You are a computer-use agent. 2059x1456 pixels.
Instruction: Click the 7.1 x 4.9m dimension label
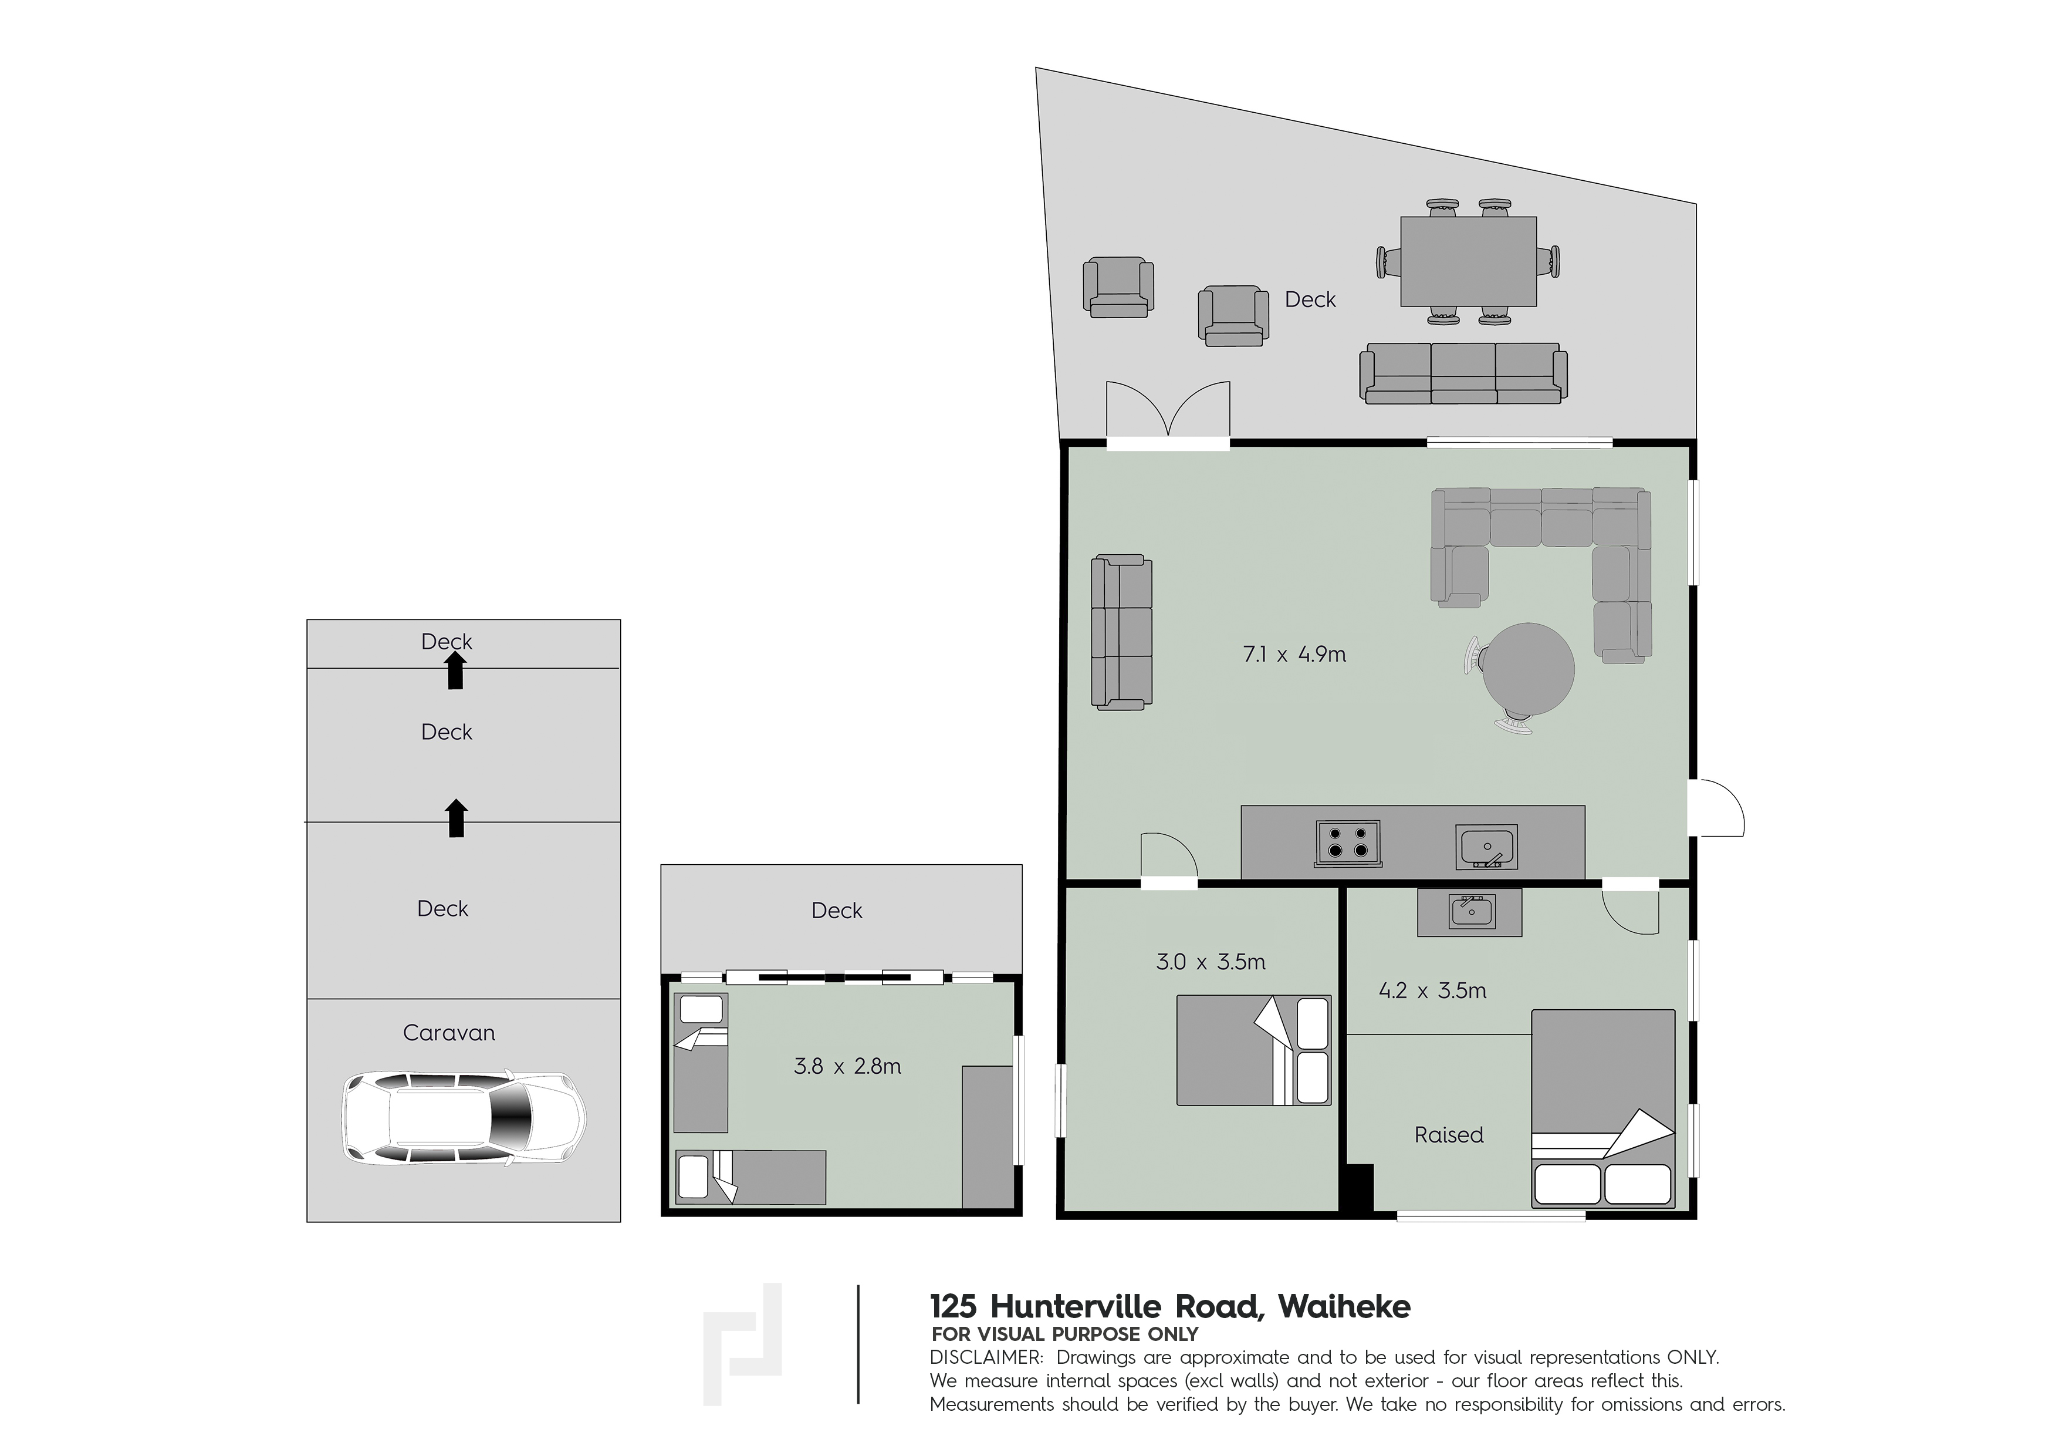(1294, 655)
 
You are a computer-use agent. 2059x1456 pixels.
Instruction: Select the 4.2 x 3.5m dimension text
(1432, 991)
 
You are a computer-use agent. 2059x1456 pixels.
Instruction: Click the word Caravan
(448, 1033)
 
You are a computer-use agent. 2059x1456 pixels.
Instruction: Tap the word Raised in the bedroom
(1448, 1135)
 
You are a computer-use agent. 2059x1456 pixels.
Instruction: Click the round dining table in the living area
(1528, 668)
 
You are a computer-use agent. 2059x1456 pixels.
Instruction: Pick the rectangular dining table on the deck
(1469, 261)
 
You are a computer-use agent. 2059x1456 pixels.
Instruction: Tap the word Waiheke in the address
(1344, 1307)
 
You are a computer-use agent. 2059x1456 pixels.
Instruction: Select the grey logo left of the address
(742, 1344)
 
